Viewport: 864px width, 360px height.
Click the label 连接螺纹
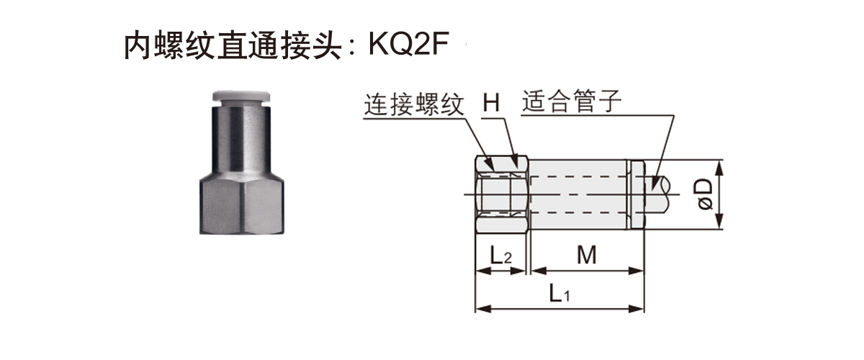point(413,104)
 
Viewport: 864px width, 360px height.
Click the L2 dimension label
point(501,254)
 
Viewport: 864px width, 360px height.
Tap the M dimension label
point(586,254)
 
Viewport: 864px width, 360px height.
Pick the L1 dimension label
point(559,293)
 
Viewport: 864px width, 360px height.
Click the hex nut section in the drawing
point(502,194)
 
